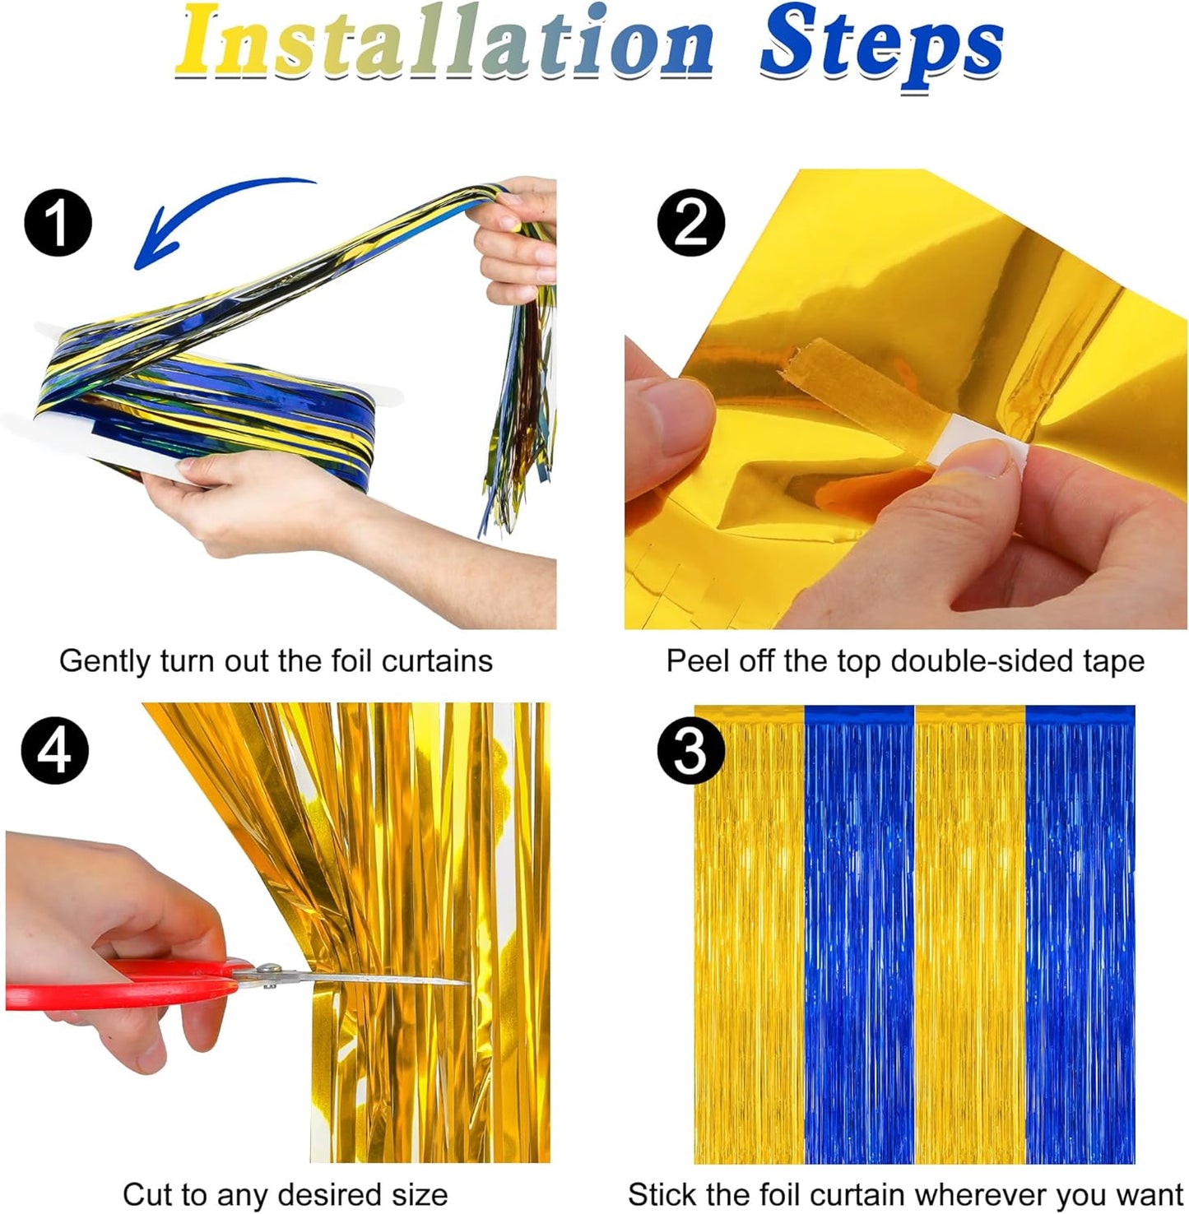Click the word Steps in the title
pos(880,46)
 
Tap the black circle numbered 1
pos(58,222)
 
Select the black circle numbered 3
pos(690,751)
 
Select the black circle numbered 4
pos(54,750)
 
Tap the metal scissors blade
pos(370,979)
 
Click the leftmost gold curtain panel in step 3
pos(749,938)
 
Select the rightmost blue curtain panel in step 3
pos(1080,938)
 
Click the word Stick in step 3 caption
pos(662,1194)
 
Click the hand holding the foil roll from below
pos(247,502)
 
